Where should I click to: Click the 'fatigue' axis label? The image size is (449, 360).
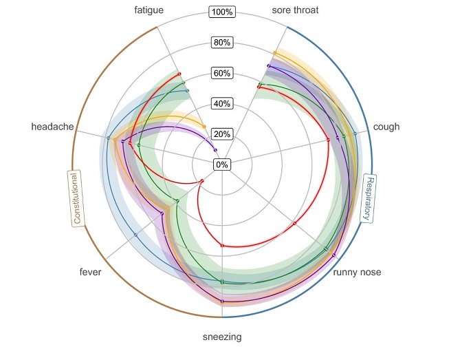tap(149, 10)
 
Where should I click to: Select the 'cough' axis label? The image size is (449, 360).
tap(386, 127)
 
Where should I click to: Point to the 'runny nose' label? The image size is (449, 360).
tap(357, 273)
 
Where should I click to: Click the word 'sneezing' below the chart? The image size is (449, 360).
tap(222, 337)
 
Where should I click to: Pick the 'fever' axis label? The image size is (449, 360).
tap(90, 273)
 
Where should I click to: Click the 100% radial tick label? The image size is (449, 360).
tap(222, 12)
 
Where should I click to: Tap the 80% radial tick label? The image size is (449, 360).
tap(222, 43)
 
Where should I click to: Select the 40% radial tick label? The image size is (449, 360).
tap(222, 104)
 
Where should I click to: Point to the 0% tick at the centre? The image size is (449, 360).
tap(222, 165)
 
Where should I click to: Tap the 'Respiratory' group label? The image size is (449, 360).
tap(369, 199)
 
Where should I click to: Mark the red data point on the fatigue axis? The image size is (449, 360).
tap(179, 74)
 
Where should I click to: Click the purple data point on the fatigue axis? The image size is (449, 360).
tap(215, 150)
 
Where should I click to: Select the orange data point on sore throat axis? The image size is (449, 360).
tap(275, 53)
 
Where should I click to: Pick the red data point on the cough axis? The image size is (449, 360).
tap(328, 140)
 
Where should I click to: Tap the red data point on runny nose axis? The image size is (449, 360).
tap(294, 224)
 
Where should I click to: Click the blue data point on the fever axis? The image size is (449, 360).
tap(135, 235)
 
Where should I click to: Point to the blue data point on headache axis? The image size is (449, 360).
tap(109, 138)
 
